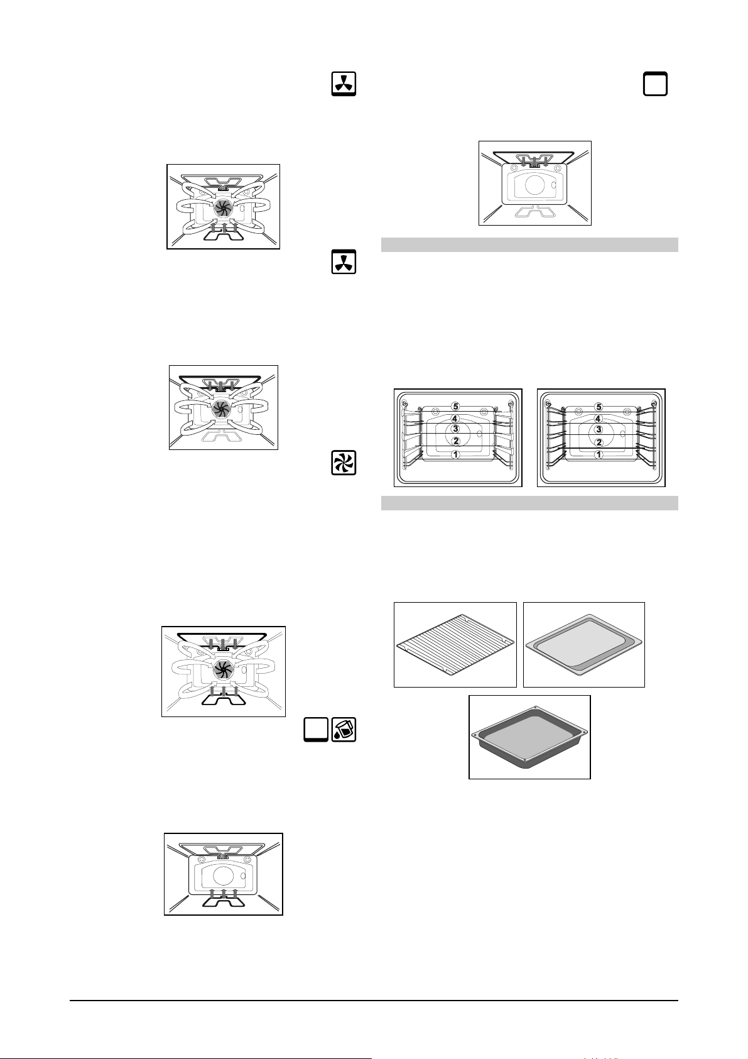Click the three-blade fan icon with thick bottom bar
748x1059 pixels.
coord(344,84)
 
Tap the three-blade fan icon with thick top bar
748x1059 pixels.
coord(344,261)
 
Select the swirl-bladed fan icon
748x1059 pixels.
coord(344,463)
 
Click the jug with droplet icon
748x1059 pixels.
coord(344,730)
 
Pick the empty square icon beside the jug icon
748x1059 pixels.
coord(316,730)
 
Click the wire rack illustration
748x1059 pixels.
coord(455,644)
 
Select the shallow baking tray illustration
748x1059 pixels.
coord(584,644)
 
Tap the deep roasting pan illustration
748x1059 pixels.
coord(529,737)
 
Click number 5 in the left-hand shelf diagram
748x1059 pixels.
coord(455,406)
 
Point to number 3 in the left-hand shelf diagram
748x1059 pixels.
coord(455,429)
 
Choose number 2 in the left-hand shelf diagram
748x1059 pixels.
coord(455,441)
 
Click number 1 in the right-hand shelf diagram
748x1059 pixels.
coord(598,454)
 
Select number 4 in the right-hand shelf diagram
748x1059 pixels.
coord(598,419)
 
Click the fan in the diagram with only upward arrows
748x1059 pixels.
coord(223,207)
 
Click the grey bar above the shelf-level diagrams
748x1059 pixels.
coord(529,244)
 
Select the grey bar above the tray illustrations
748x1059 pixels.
coord(529,503)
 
